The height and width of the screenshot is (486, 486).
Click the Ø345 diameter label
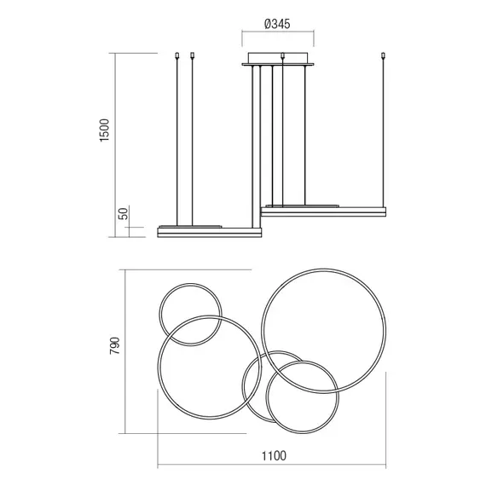pyautogui.click(x=277, y=24)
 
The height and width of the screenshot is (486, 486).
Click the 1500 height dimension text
pyautogui.click(x=105, y=130)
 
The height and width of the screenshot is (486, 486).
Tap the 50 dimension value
pyautogui.click(x=123, y=213)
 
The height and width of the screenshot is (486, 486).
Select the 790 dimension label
pyautogui.click(x=114, y=345)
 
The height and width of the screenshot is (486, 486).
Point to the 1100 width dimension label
pyautogui.click(x=274, y=456)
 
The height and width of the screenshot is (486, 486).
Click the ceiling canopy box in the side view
pyautogui.click(x=278, y=59)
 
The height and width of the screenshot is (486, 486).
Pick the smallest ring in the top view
pyautogui.click(x=159, y=315)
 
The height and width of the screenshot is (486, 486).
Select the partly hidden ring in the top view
pyautogui.click(x=244, y=386)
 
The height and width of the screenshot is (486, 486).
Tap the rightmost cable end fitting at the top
pyautogui.click(x=384, y=55)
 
